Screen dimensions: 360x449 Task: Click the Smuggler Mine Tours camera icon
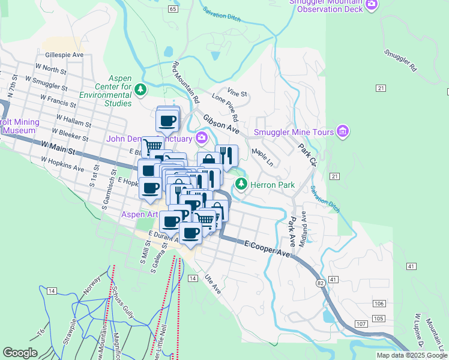tap(343, 131)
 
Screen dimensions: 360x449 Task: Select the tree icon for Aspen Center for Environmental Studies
tap(140, 90)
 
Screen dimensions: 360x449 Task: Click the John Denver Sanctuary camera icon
tap(202, 139)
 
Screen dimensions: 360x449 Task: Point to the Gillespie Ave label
tap(64, 55)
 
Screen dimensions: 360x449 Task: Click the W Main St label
tap(59, 148)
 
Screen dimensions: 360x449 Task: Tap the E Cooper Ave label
tap(267, 249)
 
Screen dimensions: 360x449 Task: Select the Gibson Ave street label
tap(221, 125)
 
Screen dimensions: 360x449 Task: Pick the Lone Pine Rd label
tap(225, 107)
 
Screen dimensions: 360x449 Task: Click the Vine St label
tap(237, 94)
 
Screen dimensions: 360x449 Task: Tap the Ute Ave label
tap(213, 284)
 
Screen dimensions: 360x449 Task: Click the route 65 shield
tap(173, 10)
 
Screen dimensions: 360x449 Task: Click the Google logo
tap(20, 353)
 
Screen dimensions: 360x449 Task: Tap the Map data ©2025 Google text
tap(412, 355)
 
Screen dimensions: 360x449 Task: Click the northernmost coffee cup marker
tap(167, 119)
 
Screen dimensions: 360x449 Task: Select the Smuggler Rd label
tap(400, 61)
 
